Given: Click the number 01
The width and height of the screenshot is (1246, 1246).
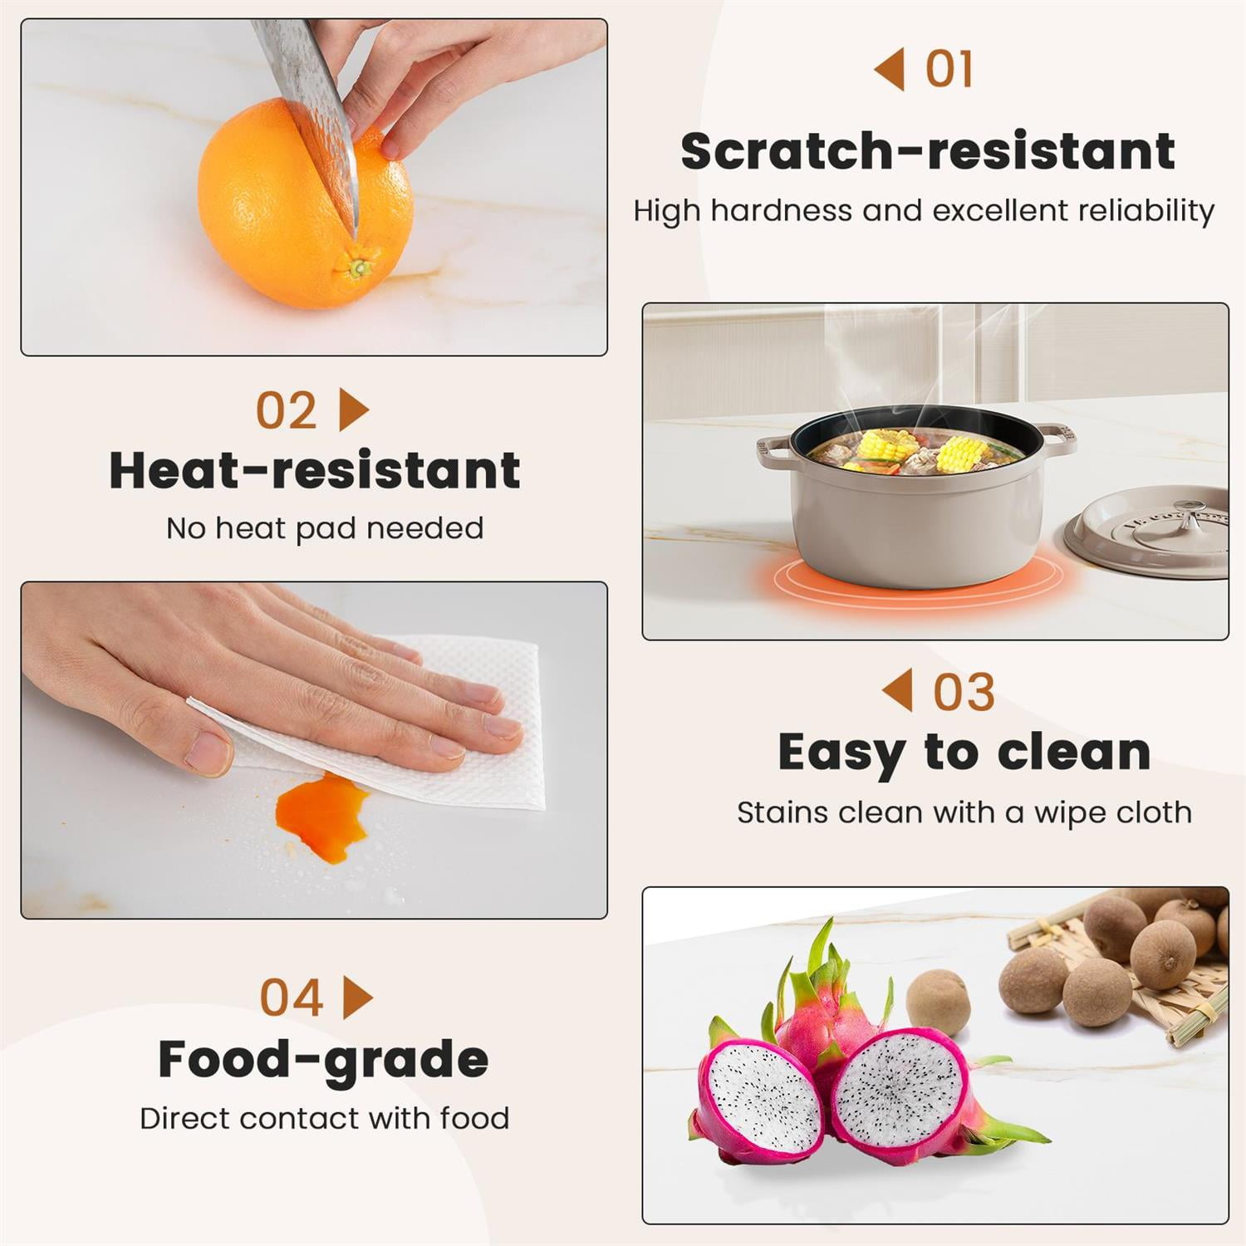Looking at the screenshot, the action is coord(949,69).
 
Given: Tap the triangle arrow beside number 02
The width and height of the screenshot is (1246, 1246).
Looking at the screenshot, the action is coord(354,410).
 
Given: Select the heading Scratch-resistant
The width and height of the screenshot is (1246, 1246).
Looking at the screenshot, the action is coord(927,151).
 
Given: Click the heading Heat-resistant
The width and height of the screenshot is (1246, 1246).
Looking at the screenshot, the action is coord(315,469).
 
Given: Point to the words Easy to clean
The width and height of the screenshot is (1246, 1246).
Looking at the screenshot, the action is coord(964,753).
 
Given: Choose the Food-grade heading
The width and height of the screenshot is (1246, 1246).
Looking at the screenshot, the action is coord(323,1061).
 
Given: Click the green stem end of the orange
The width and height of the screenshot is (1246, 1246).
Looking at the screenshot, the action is coord(358,267).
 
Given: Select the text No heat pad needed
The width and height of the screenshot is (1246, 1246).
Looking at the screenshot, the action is coord(325,528).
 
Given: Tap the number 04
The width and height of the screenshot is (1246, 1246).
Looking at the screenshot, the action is coord(291,998).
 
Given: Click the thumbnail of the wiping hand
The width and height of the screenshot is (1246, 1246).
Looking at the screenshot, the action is coord(314,750).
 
